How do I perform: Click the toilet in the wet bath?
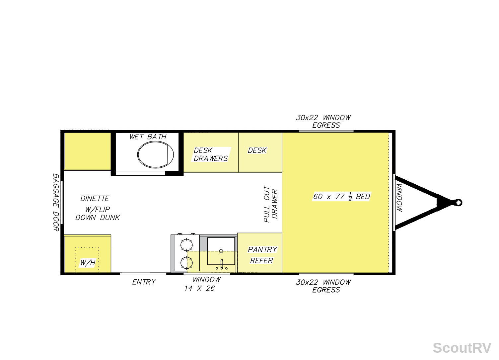tap(156, 154)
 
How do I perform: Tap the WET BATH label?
tap(148, 136)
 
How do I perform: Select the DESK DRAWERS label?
tap(210, 154)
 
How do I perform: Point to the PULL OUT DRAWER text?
tap(271, 204)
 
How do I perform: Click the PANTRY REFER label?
tap(262, 255)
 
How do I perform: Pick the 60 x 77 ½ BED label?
tap(341, 197)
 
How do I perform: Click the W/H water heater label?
tap(88, 263)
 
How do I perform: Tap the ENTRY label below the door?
tap(144, 282)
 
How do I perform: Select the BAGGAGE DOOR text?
tap(56, 202)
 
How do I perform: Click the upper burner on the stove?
tap(186, 245)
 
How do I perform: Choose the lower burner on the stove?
tap(186, 263)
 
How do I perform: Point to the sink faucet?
tap(222, 264)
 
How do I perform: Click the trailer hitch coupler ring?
tap(458, 203)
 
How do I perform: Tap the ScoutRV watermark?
tap(462, 348)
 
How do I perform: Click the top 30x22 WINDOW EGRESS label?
tap(323, 121)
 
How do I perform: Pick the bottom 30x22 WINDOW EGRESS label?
tap(323, 286)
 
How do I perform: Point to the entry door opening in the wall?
tap(143, 274)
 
